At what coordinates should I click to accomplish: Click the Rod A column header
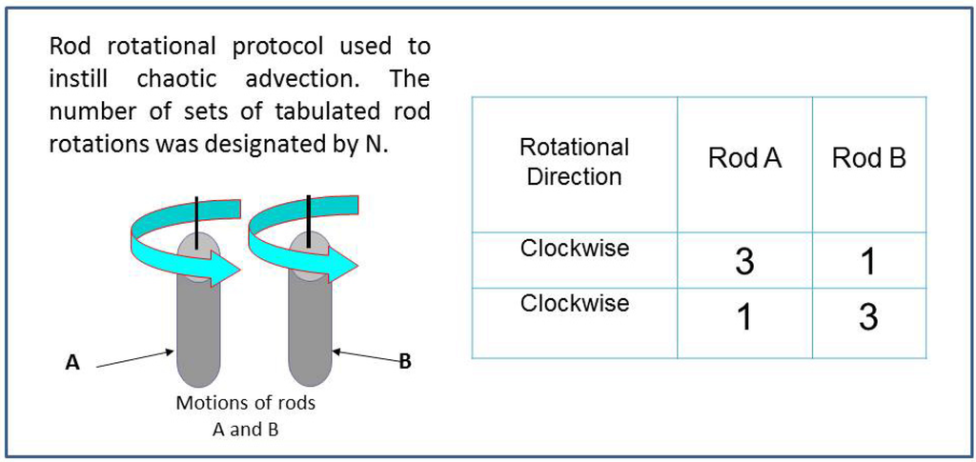744,158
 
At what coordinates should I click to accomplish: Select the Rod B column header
868,158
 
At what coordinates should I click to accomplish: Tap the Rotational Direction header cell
574,161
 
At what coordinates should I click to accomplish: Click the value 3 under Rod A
744,261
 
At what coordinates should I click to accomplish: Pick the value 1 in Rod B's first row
868,261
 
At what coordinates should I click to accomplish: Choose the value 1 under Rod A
744,317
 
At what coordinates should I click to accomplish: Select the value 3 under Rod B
868,317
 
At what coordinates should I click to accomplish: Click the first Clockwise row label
574,249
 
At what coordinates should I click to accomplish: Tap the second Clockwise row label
574,303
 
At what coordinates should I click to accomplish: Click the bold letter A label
71,362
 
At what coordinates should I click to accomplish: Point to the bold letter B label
404,361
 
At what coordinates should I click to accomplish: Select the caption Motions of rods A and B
245,415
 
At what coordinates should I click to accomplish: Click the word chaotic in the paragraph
176,78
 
